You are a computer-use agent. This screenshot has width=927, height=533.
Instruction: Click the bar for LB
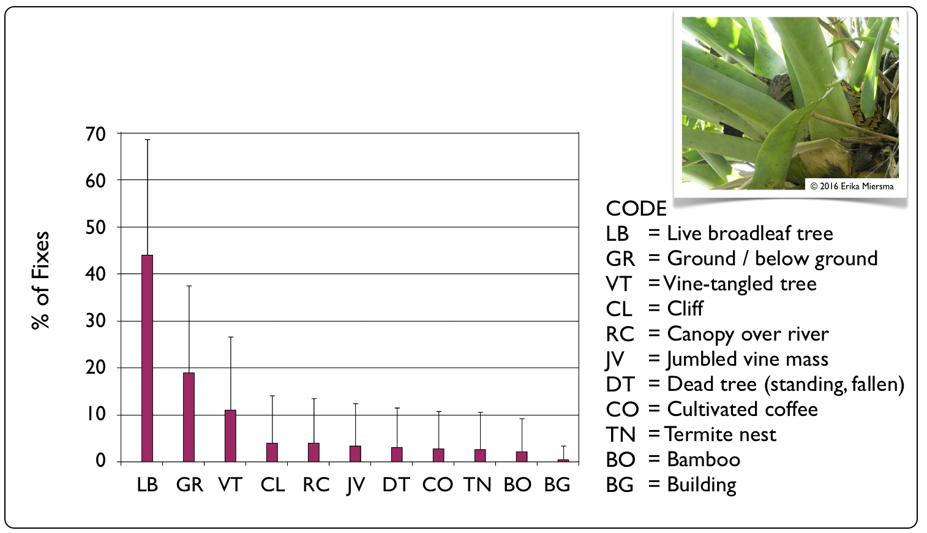(147, 358)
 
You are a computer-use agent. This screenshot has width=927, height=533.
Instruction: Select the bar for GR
(189, 417)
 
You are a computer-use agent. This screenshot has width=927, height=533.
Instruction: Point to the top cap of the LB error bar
(147, 140)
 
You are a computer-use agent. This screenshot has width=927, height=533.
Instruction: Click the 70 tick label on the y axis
(96, 134)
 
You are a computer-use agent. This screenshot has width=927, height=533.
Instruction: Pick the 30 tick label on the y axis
(96, 321)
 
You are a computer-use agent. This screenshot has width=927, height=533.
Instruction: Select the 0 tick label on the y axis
(100, 461)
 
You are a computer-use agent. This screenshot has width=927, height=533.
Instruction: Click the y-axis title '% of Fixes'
(41, 280)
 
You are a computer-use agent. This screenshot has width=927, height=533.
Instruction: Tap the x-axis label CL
(272, 485)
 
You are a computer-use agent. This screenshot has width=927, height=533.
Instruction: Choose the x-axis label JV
(355, 485)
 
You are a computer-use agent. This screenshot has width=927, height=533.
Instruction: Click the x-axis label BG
(557, 485)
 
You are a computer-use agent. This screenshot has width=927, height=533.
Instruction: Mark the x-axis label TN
(478, 485)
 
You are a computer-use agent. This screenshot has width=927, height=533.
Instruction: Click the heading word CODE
(636, 208)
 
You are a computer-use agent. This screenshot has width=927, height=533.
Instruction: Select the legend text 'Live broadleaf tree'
(749, 233)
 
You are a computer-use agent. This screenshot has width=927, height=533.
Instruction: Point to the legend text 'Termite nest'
(720, 434)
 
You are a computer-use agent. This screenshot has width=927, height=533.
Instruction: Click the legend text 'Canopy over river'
(748, 334)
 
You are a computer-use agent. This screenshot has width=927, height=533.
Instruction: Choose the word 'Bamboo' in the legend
(704, 459)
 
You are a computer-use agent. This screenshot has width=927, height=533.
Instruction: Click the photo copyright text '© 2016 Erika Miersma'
(852, 186)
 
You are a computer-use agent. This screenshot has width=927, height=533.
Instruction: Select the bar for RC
(313, 452)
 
